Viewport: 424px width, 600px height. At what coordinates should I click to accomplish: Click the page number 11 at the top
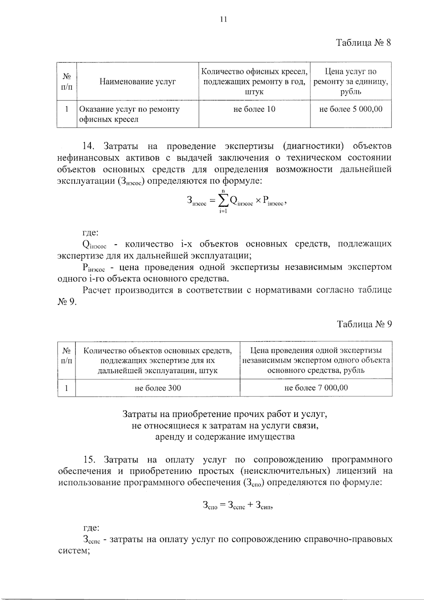coord(223,19)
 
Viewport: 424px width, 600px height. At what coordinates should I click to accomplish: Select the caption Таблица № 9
coord(364,324)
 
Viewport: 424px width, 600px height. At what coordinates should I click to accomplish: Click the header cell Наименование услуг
coord(137,82)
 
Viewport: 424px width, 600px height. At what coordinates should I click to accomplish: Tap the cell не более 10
coord(254,109)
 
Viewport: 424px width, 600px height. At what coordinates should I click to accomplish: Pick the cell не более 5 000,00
coord(351,109)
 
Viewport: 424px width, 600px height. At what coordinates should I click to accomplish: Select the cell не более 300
coord(158,388)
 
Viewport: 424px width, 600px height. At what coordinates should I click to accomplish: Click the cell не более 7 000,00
coord(316,388)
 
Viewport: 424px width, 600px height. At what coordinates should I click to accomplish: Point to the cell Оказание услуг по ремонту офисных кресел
coord(129,114)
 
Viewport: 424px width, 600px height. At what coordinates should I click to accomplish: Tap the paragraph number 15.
coord(90,460)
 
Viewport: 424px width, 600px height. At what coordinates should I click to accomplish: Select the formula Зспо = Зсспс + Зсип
coord(238,506)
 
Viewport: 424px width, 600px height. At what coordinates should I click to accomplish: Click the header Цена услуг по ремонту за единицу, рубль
coord(351,82)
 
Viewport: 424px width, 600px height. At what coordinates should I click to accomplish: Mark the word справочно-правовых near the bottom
coord(348,540)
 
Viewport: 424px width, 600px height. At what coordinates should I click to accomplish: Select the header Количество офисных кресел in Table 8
coord(254,72)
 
